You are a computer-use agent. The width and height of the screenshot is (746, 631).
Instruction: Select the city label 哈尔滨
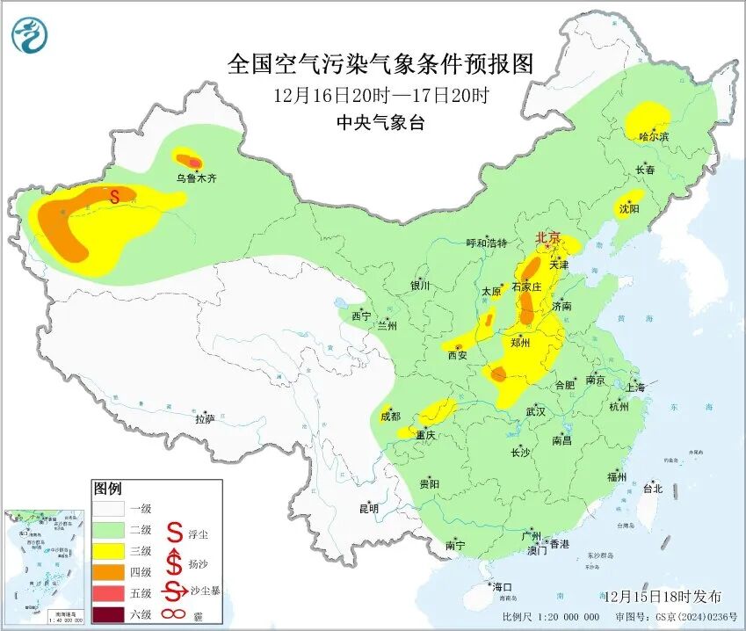[x=654, y=137]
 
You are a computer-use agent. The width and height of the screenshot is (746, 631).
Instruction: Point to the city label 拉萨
[x=205, y=419]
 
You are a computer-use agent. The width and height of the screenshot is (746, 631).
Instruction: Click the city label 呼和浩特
[x=487, y=243]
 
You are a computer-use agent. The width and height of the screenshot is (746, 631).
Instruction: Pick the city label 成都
[x=390, y=416]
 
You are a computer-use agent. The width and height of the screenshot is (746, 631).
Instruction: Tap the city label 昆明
[x=368, y=508]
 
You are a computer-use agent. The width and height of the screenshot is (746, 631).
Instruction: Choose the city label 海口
[x=502, y=586]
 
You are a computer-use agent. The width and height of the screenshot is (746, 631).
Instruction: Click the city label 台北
[x=652, y=489]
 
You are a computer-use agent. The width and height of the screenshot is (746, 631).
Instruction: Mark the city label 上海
[x=635, y=388]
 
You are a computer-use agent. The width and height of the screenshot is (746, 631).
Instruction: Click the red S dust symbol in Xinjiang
[x=113, y=197]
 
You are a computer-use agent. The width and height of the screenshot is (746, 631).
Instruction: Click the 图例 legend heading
[x=107, y=489]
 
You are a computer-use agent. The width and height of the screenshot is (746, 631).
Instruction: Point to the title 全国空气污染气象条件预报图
[x=380, y=64]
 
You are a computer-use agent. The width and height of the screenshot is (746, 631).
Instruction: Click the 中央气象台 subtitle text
[x=380, y=123]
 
